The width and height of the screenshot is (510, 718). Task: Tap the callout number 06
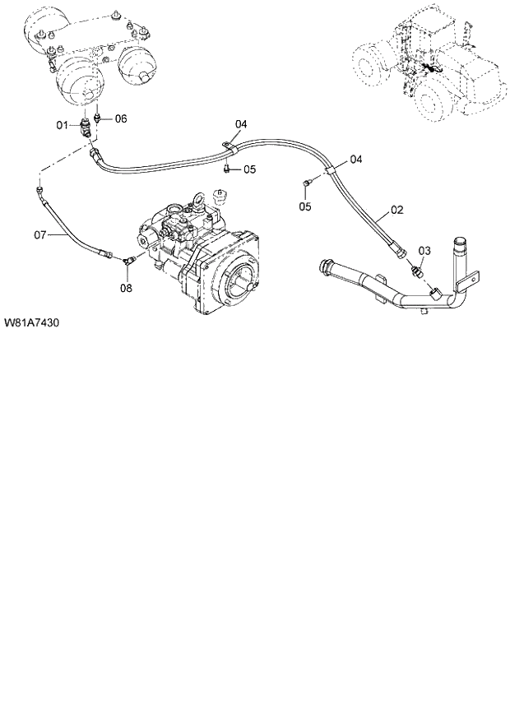pos(120,118)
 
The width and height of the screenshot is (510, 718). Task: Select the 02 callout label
pos(396,211)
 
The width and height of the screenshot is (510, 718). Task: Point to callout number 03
pos(424,250)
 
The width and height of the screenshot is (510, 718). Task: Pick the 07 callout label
pos(40,235)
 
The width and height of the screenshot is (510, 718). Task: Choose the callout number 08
pos(126,288)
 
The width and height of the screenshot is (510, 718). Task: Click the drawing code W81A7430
pos(30,323)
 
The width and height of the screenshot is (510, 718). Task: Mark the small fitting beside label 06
pos(100,118)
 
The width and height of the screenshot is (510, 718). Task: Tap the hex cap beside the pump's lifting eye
pos(219,196)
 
